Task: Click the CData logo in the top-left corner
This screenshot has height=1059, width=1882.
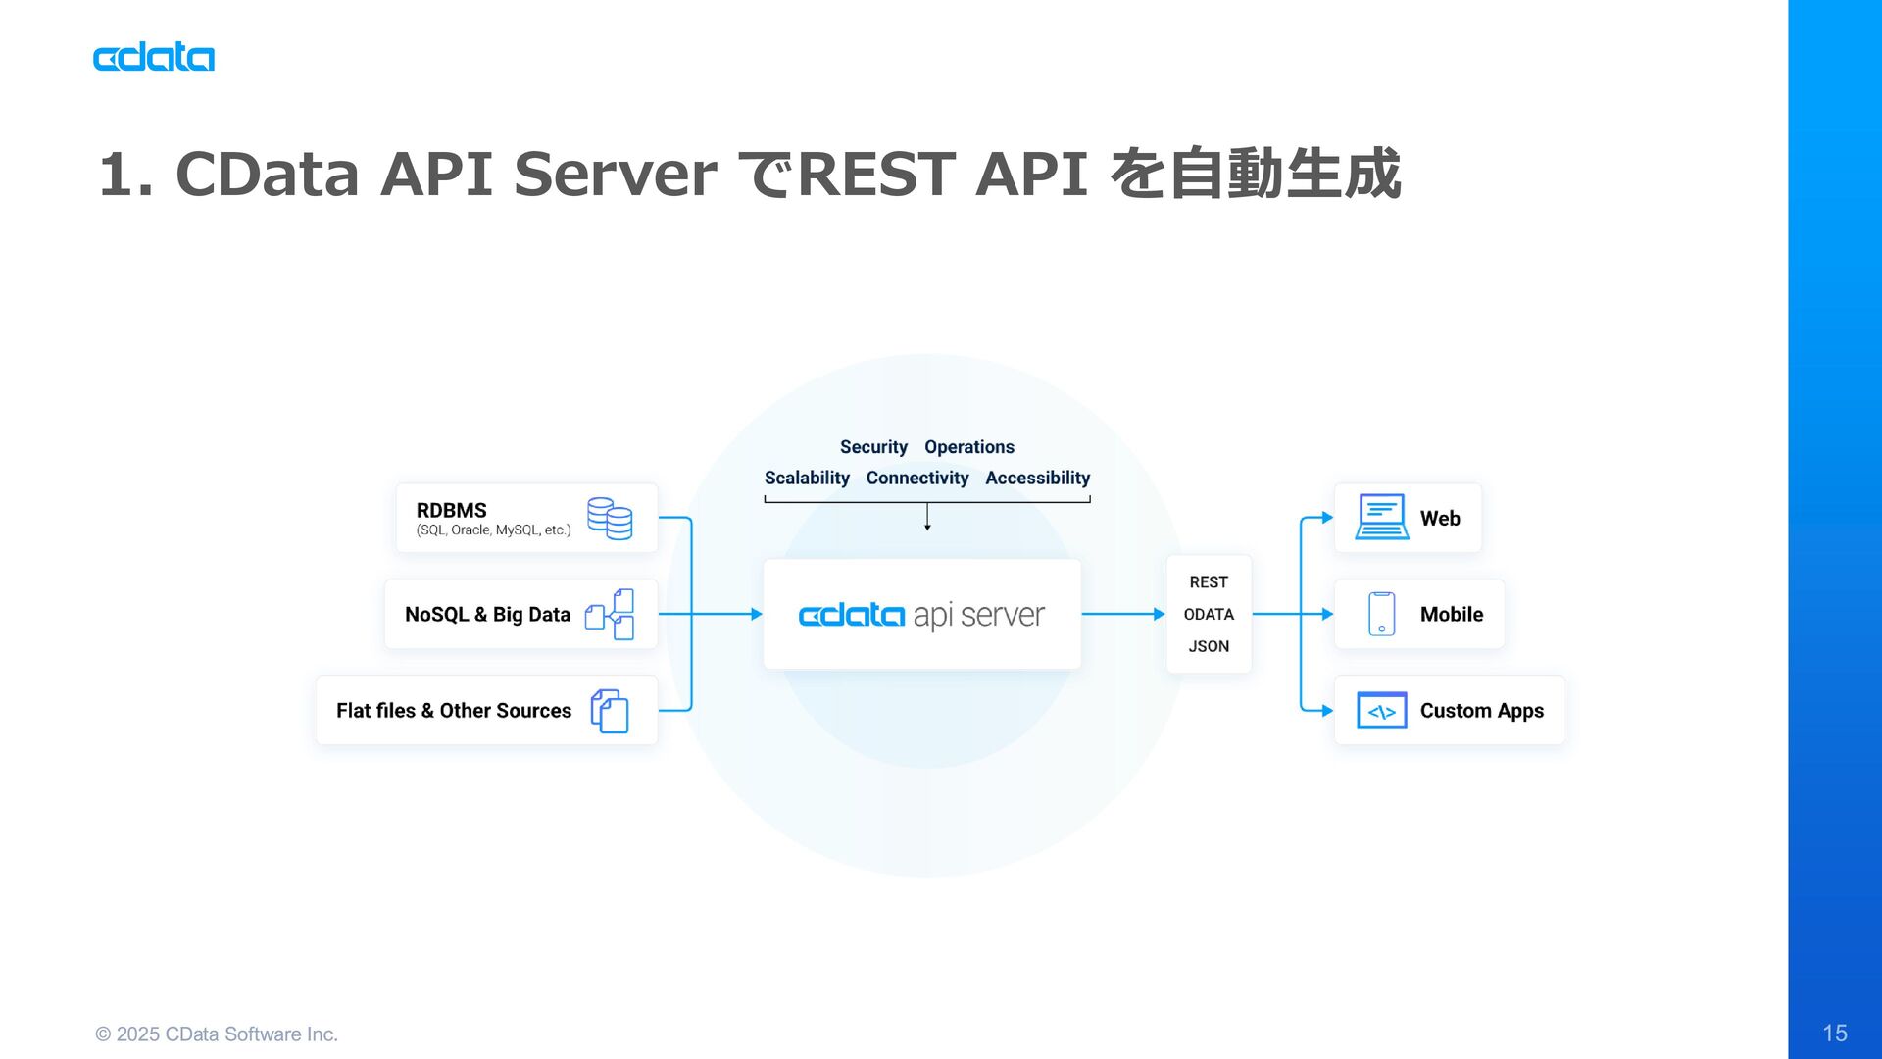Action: click(x=154, y=58)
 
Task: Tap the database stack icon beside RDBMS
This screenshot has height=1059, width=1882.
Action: click(x=610, y=519)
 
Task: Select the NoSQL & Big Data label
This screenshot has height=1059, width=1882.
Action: click(x=487, y=615)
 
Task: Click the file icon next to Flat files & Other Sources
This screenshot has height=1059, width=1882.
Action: click(x=610, y=711)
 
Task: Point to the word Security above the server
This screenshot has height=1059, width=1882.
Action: click(x=873, y=447)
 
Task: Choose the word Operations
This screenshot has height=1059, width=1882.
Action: click(x=969, y=447)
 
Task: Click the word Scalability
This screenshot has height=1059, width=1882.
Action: click(x=807, y=479)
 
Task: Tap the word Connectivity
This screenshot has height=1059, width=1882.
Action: click(x=917, y=479)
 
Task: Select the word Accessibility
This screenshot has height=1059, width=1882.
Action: click(x=1038, y=479)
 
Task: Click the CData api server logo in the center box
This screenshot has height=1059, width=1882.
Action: click(x=921, y=615)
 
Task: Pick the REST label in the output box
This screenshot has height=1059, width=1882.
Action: click(x=1209, y=582)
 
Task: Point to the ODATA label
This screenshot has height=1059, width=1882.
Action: click(x=1209, y=615)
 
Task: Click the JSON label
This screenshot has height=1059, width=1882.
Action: click(x=1209, y=647)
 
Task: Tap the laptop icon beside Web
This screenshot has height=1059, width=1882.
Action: click(x=1382, y=518)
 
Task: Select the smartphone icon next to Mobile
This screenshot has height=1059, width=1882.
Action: click(x=1382, y=614)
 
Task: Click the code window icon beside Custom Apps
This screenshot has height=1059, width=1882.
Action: click(x=1382, y=711)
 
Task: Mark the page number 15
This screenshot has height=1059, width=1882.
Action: click(x=1835, y=1033)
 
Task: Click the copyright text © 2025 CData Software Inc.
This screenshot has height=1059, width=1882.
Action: click(x=217, y=1034)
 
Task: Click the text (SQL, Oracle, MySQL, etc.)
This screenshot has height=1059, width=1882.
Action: click(x=493, y=530)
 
